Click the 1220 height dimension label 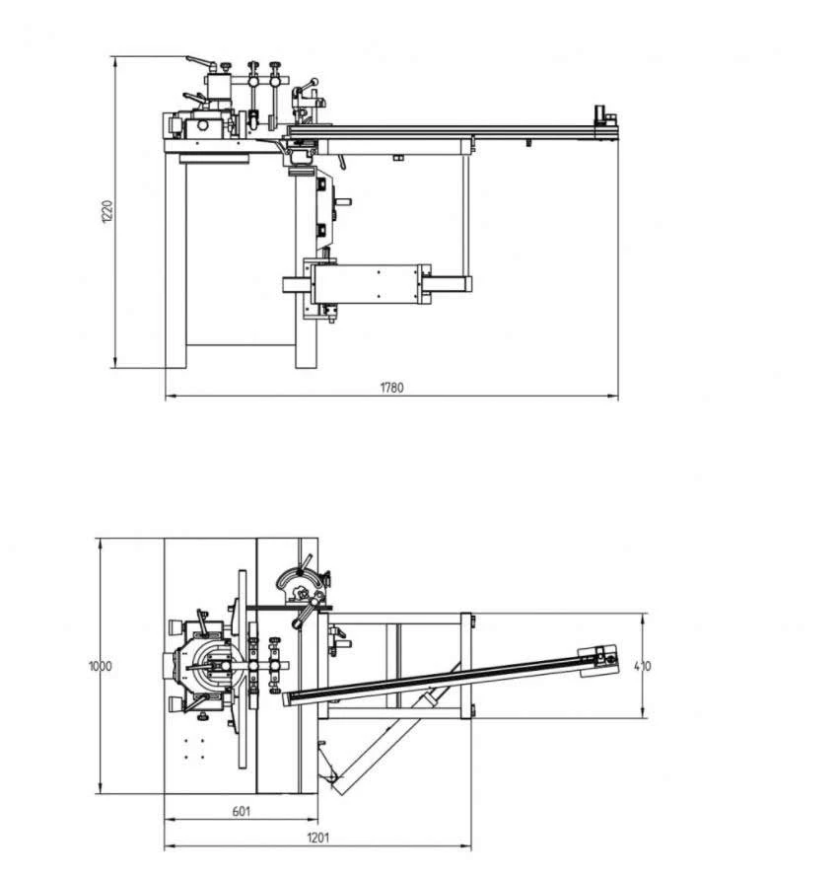(x=107, y=212)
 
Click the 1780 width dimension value (x=391, y=388)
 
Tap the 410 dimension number (x=644, y=666)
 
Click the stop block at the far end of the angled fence (x=598, y=660)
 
